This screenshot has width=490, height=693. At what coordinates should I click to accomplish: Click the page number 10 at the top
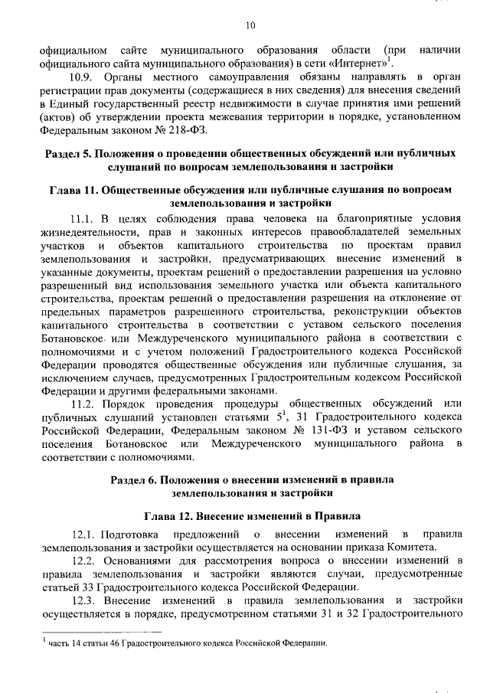point(250,26)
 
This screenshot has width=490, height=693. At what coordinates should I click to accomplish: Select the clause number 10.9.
point(83,78)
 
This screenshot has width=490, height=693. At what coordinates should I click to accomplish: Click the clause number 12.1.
point(83,534)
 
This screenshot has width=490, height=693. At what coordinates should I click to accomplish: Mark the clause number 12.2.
point(83,561)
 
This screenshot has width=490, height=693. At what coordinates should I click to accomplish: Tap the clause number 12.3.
point(83,600)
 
